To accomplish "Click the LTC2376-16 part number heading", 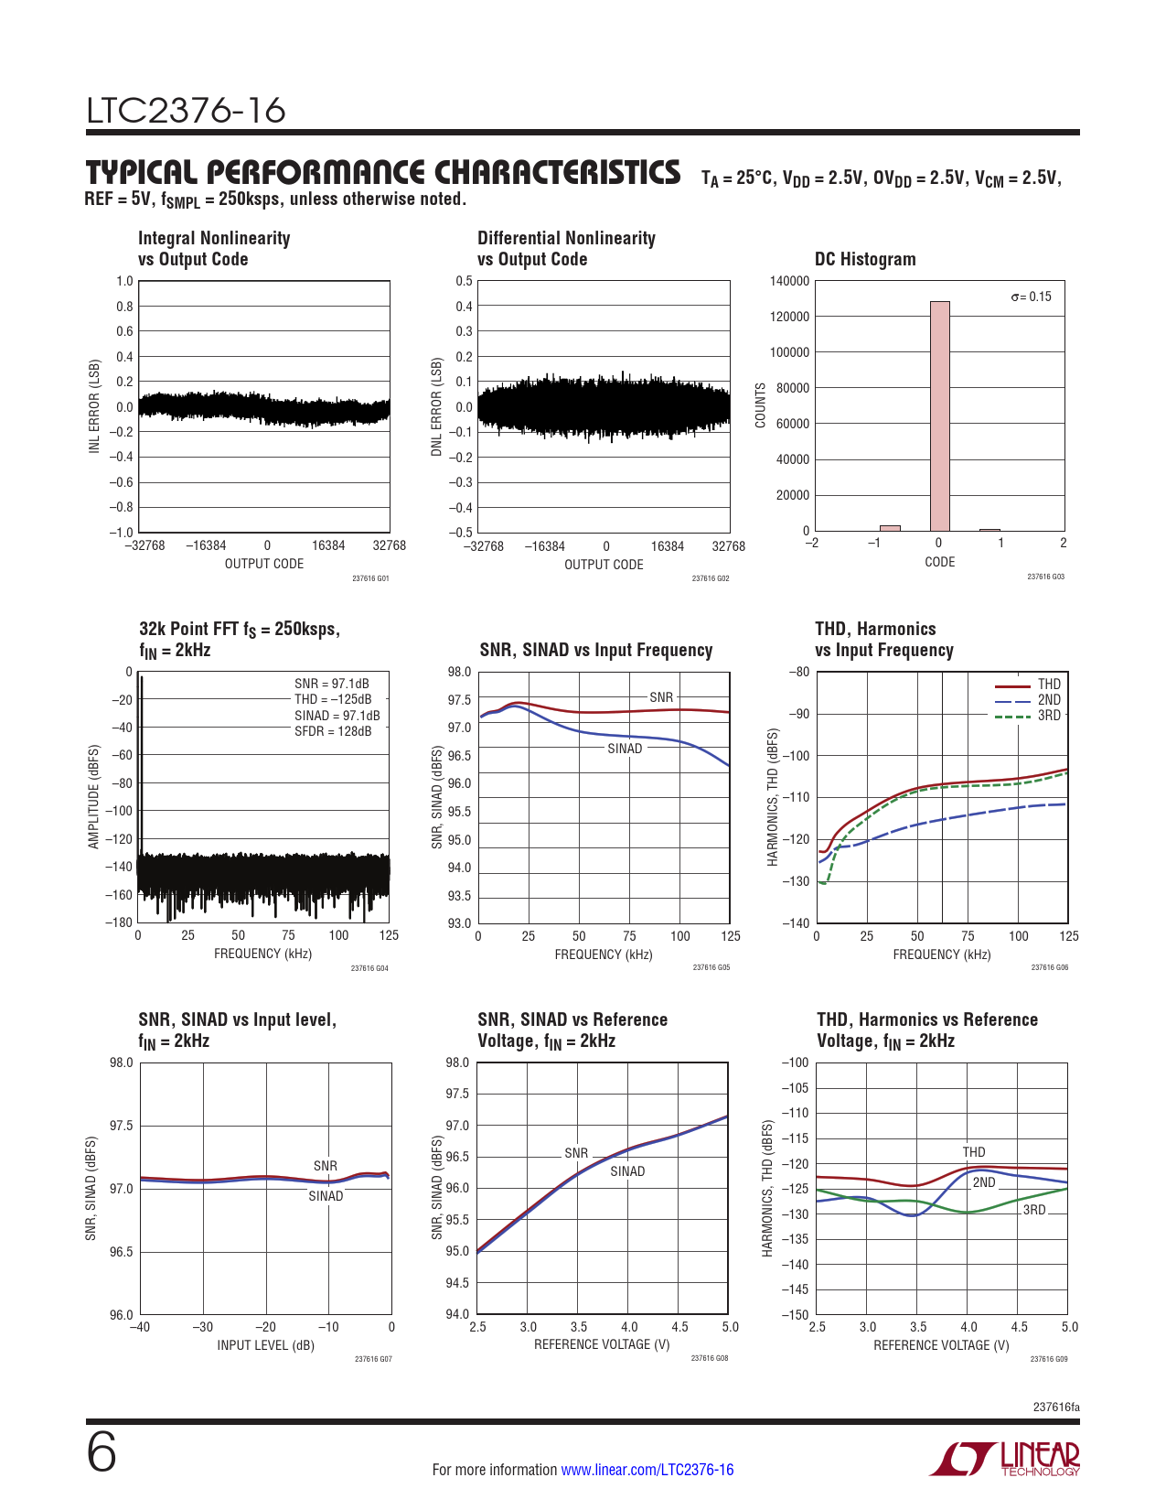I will [187, 112].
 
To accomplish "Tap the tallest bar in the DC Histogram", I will [939, 415].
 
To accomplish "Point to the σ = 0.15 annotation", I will [1031, 297].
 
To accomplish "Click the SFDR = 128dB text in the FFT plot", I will [333, 731].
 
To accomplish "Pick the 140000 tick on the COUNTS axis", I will [789, 281].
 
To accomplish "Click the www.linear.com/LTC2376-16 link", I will [647, 1470].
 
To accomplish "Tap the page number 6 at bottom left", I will [102, 1453].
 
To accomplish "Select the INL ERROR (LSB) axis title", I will [94, 406].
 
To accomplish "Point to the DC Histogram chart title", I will [865, 259].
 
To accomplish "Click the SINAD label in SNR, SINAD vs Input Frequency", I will [625, 749].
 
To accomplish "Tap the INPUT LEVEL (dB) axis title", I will [265, 1345].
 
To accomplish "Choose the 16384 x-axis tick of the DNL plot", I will [667, 546].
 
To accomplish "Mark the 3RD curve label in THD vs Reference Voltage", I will [1033, 1210].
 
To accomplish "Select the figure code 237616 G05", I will [711, 968].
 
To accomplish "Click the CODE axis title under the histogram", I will [939, 562].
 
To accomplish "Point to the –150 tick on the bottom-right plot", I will [795, 1315].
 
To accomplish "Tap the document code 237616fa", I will [1055, 1408].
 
